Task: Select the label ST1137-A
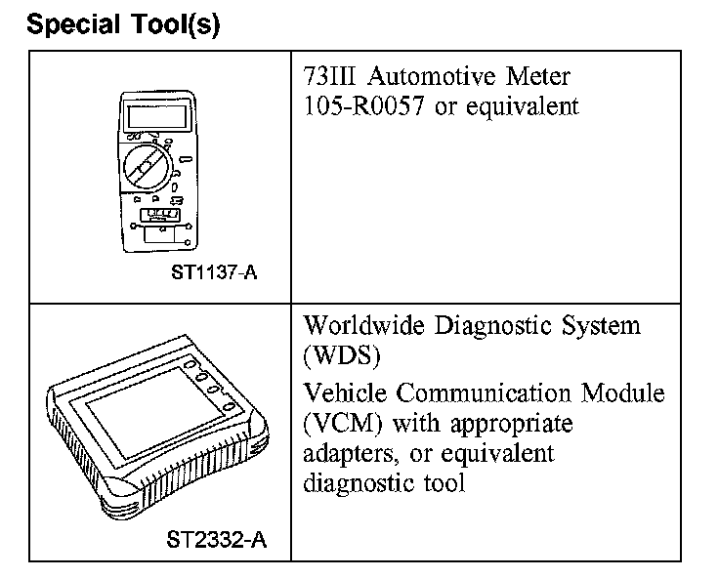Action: (213, 272)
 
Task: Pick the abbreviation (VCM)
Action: (337, 425)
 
